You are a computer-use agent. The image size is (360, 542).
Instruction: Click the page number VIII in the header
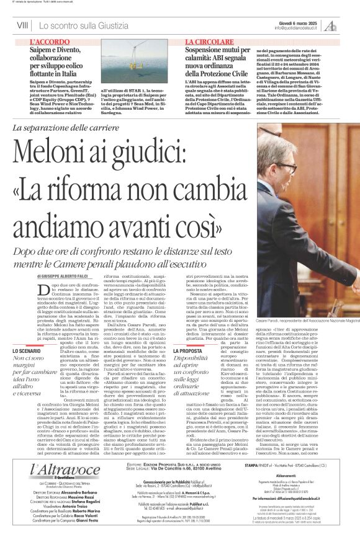[x=22, y=25]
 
